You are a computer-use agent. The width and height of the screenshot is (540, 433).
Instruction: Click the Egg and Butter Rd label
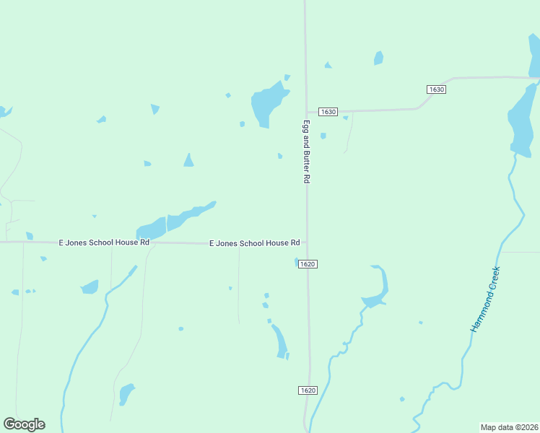(x=306, y=151)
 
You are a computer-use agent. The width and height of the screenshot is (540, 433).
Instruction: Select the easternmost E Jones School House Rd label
(x=254, y=243)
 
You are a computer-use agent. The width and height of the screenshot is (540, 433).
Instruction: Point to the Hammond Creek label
(x=485, y=299)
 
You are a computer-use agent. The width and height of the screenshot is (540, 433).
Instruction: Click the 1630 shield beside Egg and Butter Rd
(x=328, y=112)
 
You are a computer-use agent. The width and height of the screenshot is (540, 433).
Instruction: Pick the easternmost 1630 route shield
(x=436, y=89)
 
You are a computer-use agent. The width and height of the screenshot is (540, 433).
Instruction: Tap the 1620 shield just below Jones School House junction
(x=308, y=264)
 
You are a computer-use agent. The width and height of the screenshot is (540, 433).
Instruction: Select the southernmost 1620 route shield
(x=308, y=390)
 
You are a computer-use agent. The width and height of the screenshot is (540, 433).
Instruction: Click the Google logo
(x=24, y=424)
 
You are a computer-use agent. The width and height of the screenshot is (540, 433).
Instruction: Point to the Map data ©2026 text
(x=509, y=427)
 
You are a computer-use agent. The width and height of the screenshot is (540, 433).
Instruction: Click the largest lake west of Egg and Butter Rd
(x=265, y=102)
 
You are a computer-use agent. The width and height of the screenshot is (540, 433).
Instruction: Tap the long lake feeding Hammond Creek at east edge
(x=521, y=119)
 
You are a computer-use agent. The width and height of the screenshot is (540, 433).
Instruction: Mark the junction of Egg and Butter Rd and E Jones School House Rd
(x=307, y=244)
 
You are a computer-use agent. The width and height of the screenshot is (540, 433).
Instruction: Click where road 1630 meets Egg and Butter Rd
(x=306, y=113)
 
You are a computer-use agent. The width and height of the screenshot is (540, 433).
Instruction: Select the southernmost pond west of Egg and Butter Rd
(x=126, y=394)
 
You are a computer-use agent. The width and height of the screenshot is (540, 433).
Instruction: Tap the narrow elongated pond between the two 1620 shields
(x=279, y=341)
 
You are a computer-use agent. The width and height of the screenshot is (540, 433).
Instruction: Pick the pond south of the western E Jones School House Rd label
(x=90, y=287)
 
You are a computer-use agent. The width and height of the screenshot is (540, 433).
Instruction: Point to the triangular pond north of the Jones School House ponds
(x=188, y=160)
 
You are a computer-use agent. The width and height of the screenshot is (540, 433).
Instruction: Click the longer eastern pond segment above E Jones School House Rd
(x=188, y=216)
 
